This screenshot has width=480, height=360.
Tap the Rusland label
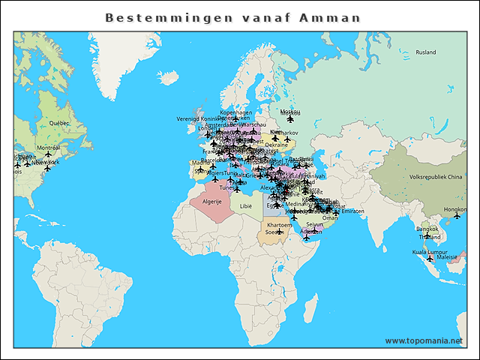425,52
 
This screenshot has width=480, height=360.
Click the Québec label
59,122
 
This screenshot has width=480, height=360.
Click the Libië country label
246,205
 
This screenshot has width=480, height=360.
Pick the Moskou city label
289,112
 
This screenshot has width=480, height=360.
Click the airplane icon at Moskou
290,118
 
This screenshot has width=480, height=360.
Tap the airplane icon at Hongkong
457,216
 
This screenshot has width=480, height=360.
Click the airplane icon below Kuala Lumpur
430,259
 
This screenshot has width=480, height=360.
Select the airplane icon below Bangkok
427,235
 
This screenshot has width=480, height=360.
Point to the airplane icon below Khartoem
280,231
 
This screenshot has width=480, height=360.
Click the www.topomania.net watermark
424,340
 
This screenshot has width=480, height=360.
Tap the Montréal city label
48,148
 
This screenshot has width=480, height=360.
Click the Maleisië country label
447,256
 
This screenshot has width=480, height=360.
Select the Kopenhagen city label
235,112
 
